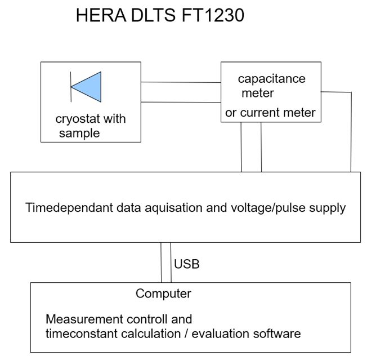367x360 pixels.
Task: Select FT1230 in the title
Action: point(214,15)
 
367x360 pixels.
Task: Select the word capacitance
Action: point(271,78)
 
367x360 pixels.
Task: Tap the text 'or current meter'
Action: point(270,113)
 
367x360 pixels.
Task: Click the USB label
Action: point(187,264)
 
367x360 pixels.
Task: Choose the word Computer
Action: point(163,294)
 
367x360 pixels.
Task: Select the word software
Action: point(277,333)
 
